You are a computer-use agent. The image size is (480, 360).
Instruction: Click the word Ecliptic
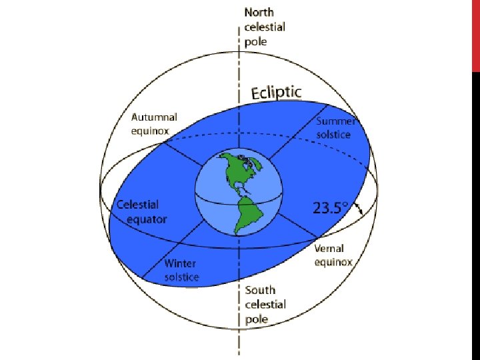(276, 93)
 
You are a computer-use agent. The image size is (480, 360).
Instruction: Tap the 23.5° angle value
(331, 207)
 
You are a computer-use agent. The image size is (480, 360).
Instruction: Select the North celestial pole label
(265, 27)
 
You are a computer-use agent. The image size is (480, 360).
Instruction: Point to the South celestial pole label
(265, 305)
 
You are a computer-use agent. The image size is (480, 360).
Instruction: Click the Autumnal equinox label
(153, 124)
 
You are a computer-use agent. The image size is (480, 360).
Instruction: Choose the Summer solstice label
(342, 127)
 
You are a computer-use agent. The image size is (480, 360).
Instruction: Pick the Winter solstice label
(181, 270)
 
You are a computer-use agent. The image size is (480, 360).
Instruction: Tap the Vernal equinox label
(333, 255)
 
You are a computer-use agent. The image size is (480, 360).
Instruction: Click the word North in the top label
(259, 12)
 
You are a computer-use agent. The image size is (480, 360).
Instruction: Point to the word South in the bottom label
(259, 290)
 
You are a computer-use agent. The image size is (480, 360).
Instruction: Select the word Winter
(181, 263)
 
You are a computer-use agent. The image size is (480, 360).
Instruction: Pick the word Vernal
(329, 249)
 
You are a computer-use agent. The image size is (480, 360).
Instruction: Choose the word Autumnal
(153, 117)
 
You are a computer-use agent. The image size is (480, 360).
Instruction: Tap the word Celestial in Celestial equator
(138, 205)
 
